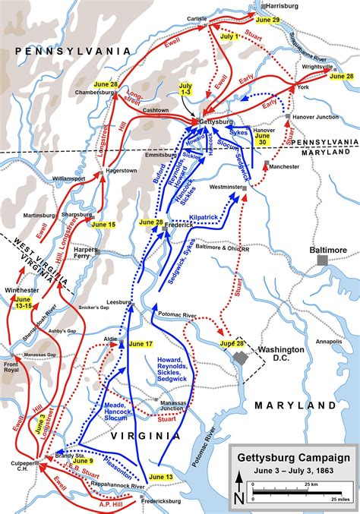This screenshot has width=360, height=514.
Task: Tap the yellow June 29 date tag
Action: [268, 18]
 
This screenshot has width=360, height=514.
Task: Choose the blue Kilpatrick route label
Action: [204, 218]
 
